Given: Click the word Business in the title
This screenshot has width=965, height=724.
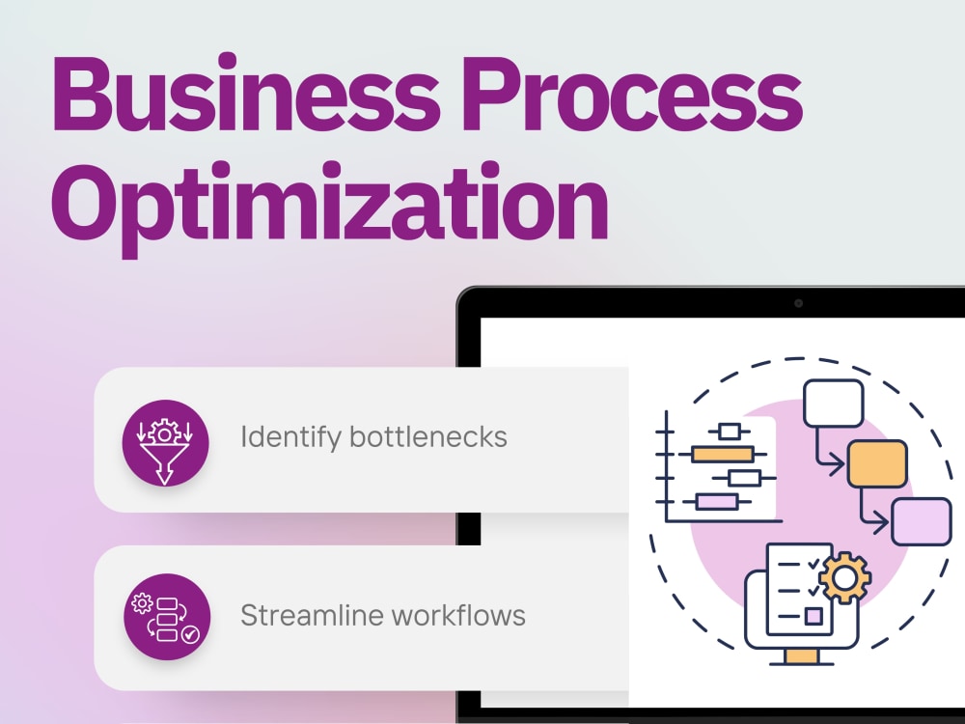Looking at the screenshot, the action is click(x=245, y=93).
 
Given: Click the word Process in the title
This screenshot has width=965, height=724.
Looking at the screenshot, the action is click(x=633, y=94).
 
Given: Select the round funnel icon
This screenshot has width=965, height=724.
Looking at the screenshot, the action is click(x=165, y=443).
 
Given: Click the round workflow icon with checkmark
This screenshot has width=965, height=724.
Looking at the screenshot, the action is click(x=167, y=617).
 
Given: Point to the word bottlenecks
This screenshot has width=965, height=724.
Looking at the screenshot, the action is click(x=428, y=436).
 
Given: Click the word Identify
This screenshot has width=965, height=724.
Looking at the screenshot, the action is click(x=290, y=437).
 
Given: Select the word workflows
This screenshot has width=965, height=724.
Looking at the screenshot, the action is click(x=457, y=615).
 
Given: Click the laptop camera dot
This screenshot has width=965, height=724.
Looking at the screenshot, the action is click(x=798, y=303).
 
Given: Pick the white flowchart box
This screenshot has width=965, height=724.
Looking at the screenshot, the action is click(x=834, y=404).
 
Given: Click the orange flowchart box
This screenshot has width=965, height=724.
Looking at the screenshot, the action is click(x=877, y=463).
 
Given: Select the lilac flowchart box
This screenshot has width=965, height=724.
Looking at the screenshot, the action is click(x=922, y=521).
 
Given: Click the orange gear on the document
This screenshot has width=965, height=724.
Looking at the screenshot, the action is click(x=844, y=578).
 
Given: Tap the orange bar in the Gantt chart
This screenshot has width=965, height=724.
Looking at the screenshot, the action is click(x=722, y=455).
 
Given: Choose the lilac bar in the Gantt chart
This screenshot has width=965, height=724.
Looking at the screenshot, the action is click(x=716, y=502).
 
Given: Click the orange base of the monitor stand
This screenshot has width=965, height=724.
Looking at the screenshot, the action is click(x=802, y=656).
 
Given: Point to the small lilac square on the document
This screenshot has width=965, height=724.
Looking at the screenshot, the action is click(x=813, y=616).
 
